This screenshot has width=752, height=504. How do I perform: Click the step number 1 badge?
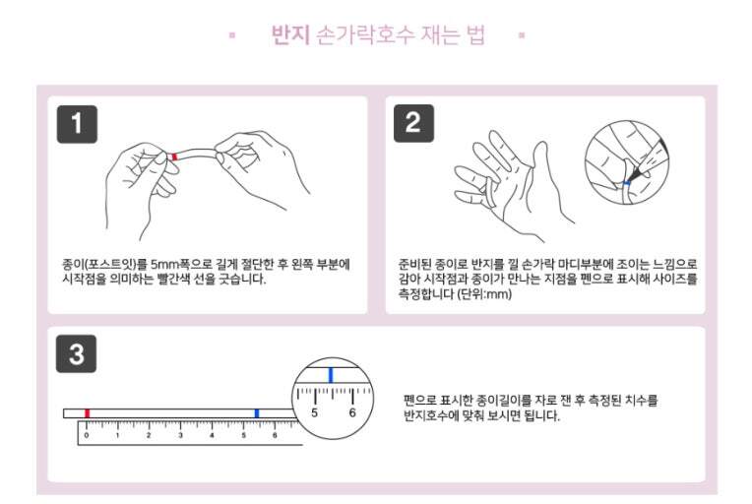coord(77,124)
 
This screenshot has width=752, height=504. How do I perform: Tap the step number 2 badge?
coord(413,123)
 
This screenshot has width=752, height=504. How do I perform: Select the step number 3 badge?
coord(76,354)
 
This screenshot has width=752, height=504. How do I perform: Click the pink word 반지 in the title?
coord(290,34)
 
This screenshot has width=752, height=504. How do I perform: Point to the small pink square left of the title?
coord(232,35)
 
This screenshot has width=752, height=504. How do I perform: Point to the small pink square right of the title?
coord(522,35)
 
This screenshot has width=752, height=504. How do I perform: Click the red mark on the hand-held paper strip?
coord(174,157)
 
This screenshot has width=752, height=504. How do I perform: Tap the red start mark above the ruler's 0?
coord(87,413)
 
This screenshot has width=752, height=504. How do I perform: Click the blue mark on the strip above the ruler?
coord(257,413)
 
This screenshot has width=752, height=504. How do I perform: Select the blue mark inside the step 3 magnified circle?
coord(331,374)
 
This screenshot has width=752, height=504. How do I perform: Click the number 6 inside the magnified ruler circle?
coord(352,412)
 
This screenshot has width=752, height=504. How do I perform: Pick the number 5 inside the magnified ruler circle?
coord(314,412)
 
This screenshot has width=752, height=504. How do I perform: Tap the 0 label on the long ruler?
coord(87,435)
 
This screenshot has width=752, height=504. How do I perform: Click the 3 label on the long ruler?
coord(180,435)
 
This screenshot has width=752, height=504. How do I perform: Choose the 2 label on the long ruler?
coord(149,435)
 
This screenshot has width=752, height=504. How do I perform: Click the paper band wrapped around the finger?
coord(489,192)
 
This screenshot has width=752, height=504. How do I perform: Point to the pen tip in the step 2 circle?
coord(629,181)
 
